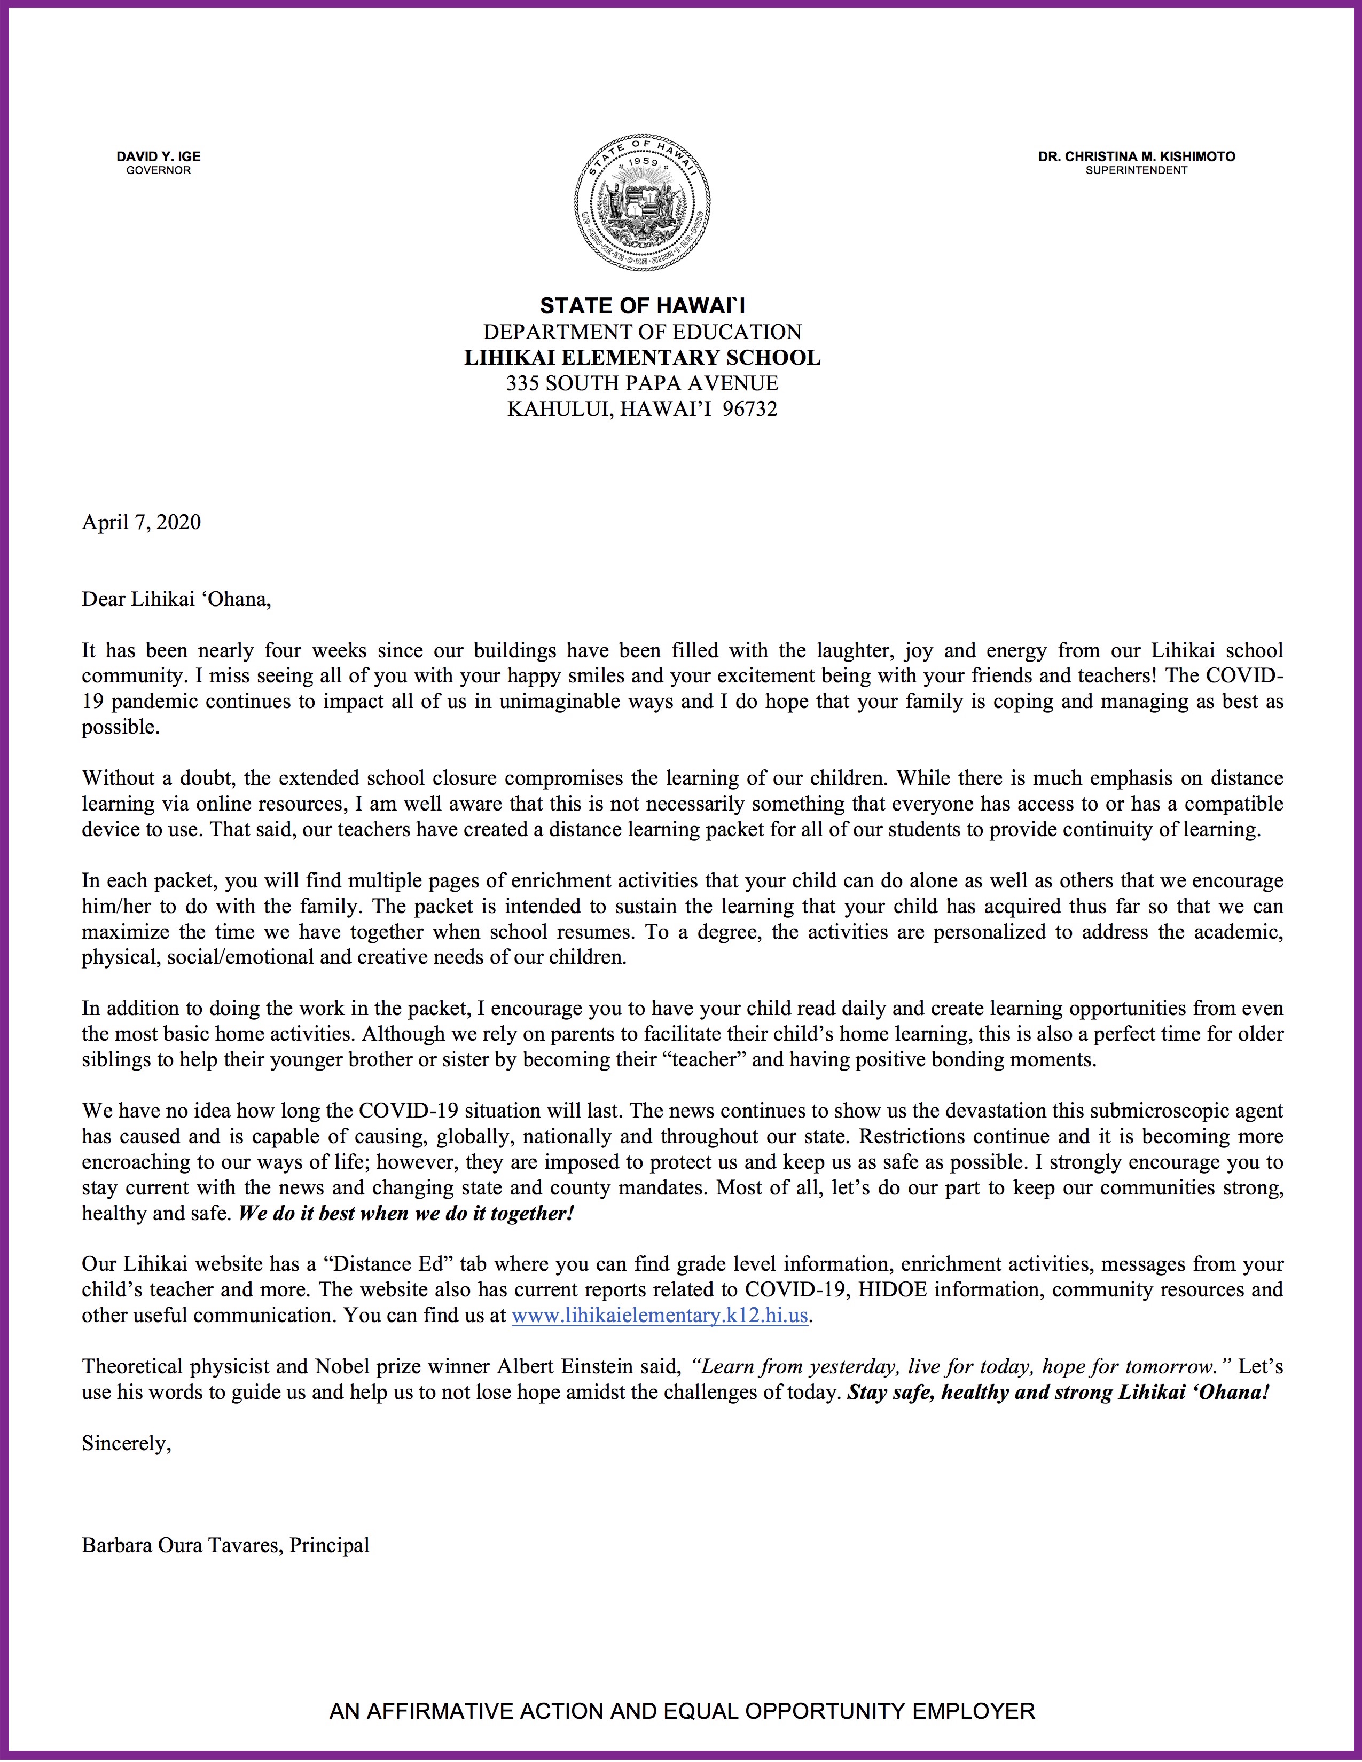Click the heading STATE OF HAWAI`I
(642, 306)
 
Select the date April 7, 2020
(141, 522)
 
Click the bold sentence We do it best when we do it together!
(406, 1214)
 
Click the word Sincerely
(127, 1443)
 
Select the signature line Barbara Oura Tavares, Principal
(226, 1545)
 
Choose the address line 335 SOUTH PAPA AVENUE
(642, 383)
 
